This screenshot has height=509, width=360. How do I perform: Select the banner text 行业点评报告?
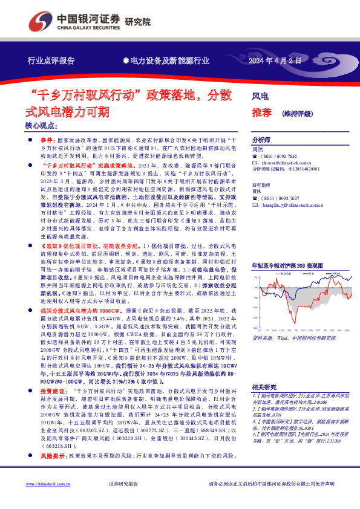point(51,61)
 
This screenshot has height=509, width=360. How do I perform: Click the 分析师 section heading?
point(261,138)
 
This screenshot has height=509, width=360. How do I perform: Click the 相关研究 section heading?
point(264,387)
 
